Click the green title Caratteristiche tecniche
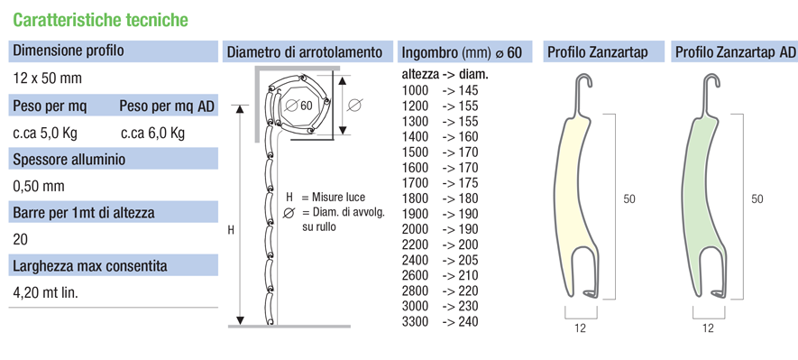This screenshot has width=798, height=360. point(100,20)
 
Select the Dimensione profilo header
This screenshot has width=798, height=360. point(69,51)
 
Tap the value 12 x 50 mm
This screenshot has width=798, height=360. point(47,78)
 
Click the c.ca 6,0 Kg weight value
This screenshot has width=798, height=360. point(152,134)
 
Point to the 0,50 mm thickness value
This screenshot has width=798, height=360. point(39,187)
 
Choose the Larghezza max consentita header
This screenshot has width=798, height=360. point(89,266)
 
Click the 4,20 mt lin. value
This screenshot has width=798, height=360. point(45,293)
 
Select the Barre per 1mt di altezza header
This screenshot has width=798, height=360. point(84,212)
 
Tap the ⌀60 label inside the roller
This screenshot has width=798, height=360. point(298,106)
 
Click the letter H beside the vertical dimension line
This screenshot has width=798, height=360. point(231,230)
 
